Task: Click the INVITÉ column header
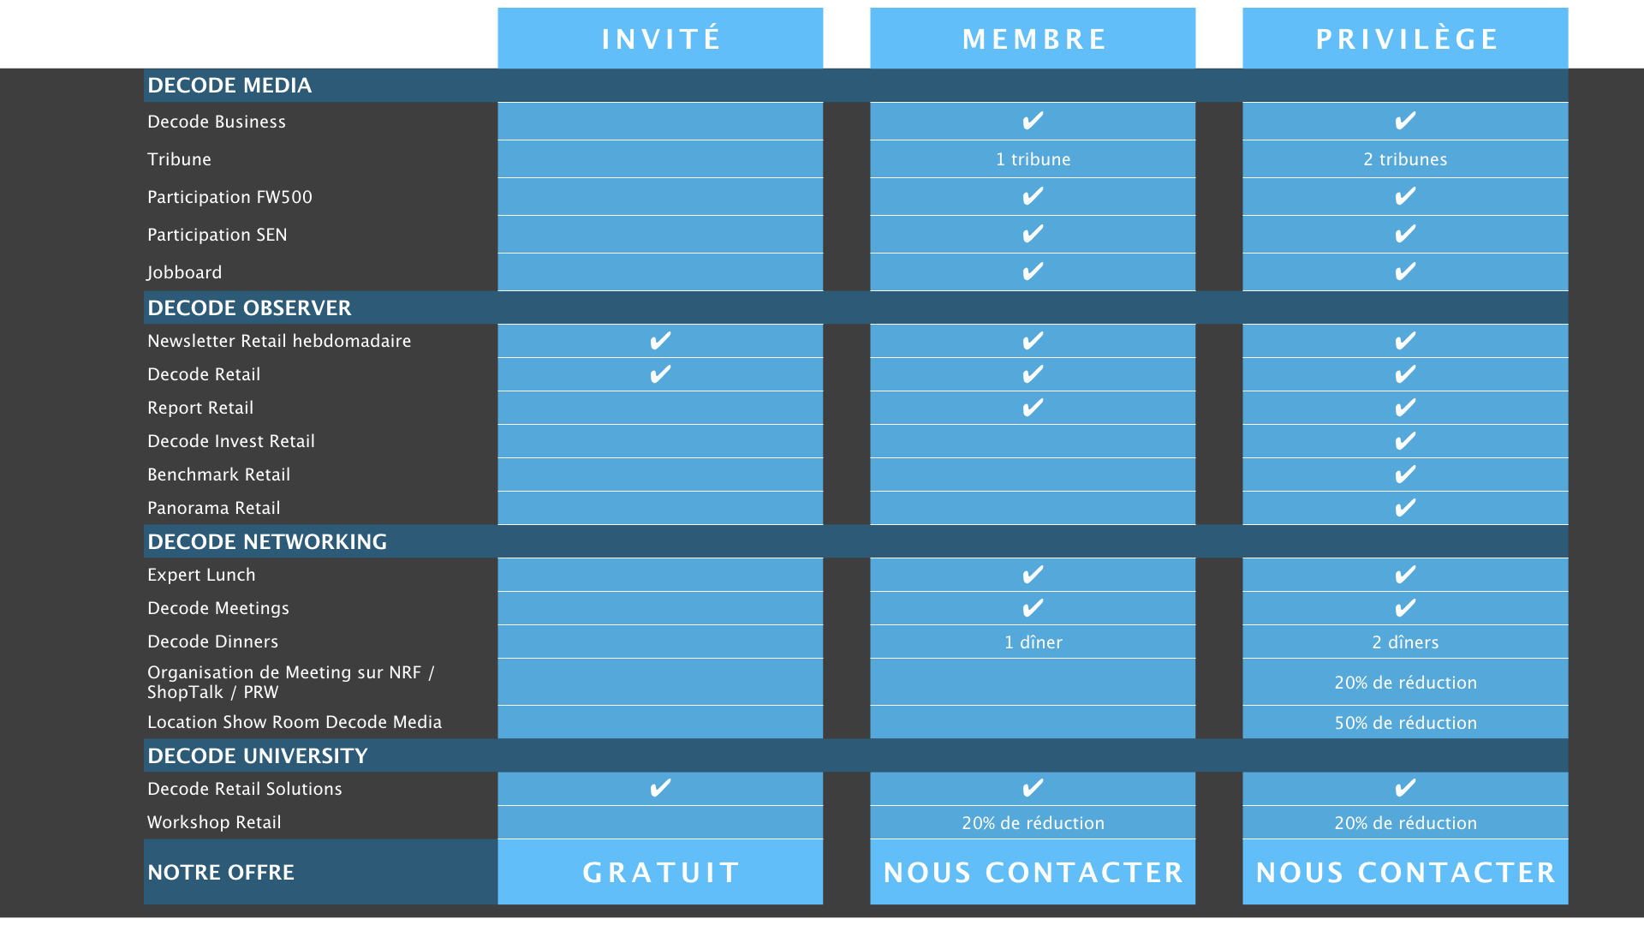(661, 39)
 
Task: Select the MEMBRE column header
(1033, 39)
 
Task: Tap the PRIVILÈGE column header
(1406, 39)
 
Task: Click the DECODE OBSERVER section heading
(249, 307)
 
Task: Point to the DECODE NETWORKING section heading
(267, 541)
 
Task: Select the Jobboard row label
(184, 272)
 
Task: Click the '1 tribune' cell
(1033, 159)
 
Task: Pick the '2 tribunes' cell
(1406, 159)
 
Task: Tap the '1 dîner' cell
(1033, 642)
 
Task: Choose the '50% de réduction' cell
(1406, 723)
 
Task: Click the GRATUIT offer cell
(661, 872)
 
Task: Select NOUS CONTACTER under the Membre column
(1033, 872)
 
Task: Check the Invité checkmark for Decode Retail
(660, 374)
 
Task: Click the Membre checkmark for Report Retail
(1033, 408)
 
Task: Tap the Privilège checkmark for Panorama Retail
(1405, 508)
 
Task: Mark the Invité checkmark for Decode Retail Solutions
(660, 788)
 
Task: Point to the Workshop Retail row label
(214, 822)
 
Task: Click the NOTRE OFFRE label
(221, 872)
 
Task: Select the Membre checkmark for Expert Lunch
(1033, 574)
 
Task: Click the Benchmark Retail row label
(219, 474)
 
